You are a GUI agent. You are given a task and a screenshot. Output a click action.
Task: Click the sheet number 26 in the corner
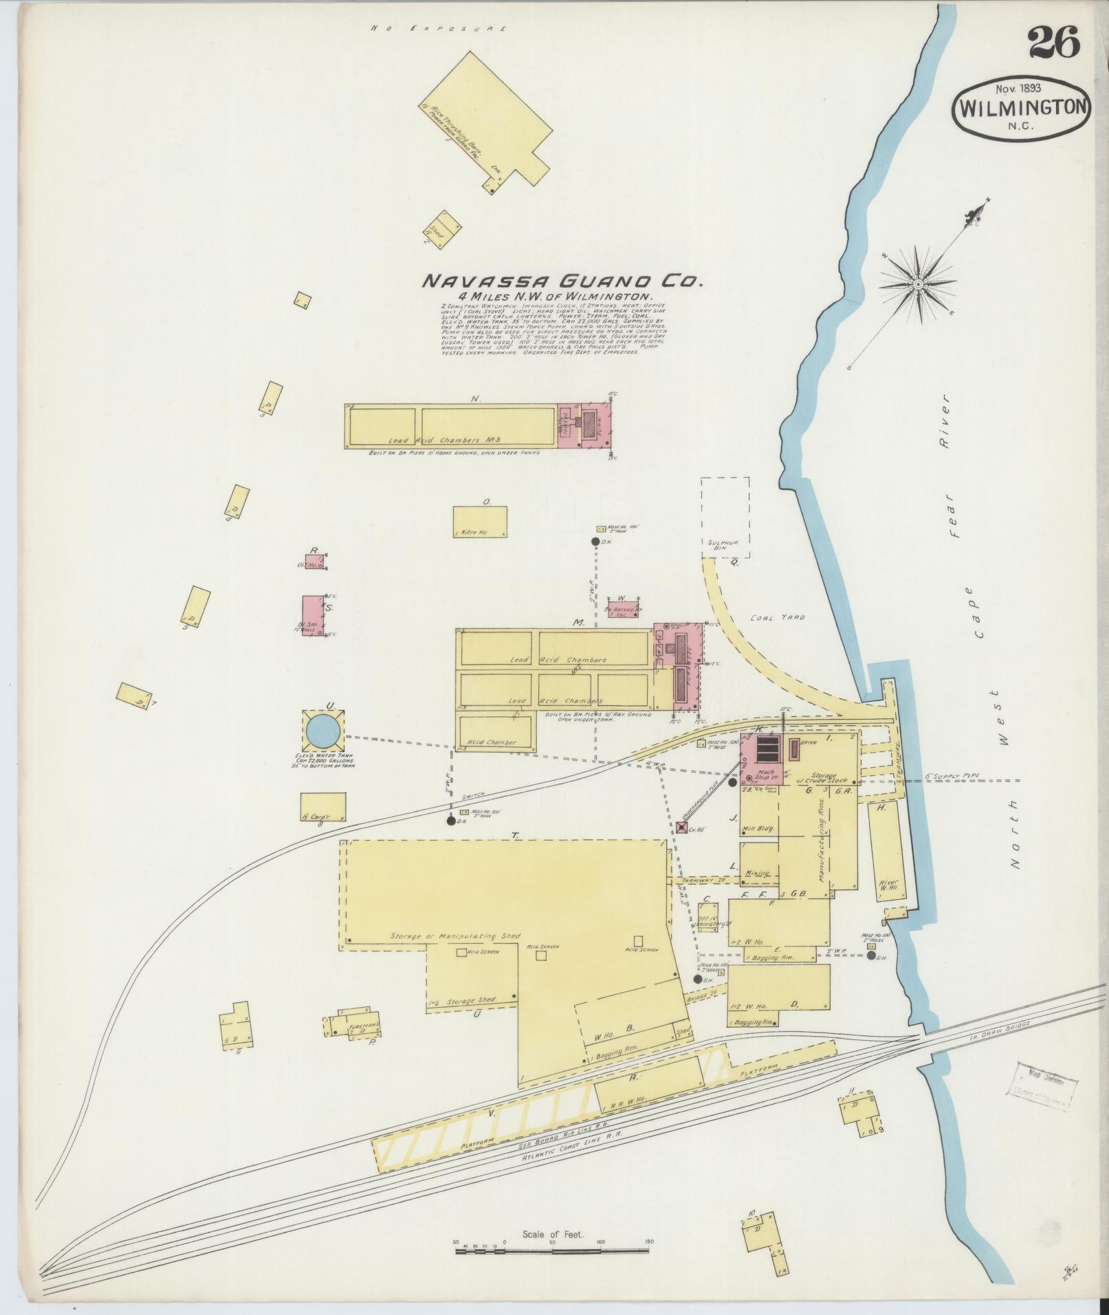[x=1054, y=43]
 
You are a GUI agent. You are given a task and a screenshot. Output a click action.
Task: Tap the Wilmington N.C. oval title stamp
[x=1022, y=109]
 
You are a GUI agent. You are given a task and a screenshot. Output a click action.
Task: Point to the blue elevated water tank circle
[x=322, y=731]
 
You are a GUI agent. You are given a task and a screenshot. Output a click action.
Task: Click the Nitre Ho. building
[x=480, y=522]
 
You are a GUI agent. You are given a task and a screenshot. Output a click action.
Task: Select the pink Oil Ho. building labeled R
[x=316, y=562]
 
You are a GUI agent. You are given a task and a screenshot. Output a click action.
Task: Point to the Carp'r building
[x=322, y=807]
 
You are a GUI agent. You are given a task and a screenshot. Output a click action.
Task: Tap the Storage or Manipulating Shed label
[x=455, y=936]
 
